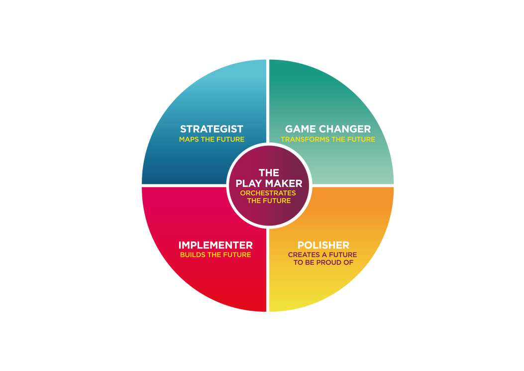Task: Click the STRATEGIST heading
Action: [x=211, y=129]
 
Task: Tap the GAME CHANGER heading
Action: [x=328, y=129]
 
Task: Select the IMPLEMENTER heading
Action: [x=215, y=245]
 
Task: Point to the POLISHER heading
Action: [x=323, y=245]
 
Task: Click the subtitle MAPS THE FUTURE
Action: [x=211, y=139]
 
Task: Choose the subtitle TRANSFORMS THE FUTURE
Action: [x=328, y=139]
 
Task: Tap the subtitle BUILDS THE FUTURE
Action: [x=215, y=255]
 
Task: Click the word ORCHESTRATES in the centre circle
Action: [x=268, y=193]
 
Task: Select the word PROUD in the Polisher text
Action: [x=329, y=262]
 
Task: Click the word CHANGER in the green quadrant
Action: [x=345, y=129]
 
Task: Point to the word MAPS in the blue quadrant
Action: [x=189, y=139]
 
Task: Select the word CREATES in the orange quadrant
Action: [x=304, y=255]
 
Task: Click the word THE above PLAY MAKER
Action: [x=269, y=173]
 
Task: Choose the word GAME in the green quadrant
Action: [x=301, y=129]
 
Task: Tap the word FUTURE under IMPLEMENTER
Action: [x=237, y=255]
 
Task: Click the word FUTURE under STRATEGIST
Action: [x=230, y=139]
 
